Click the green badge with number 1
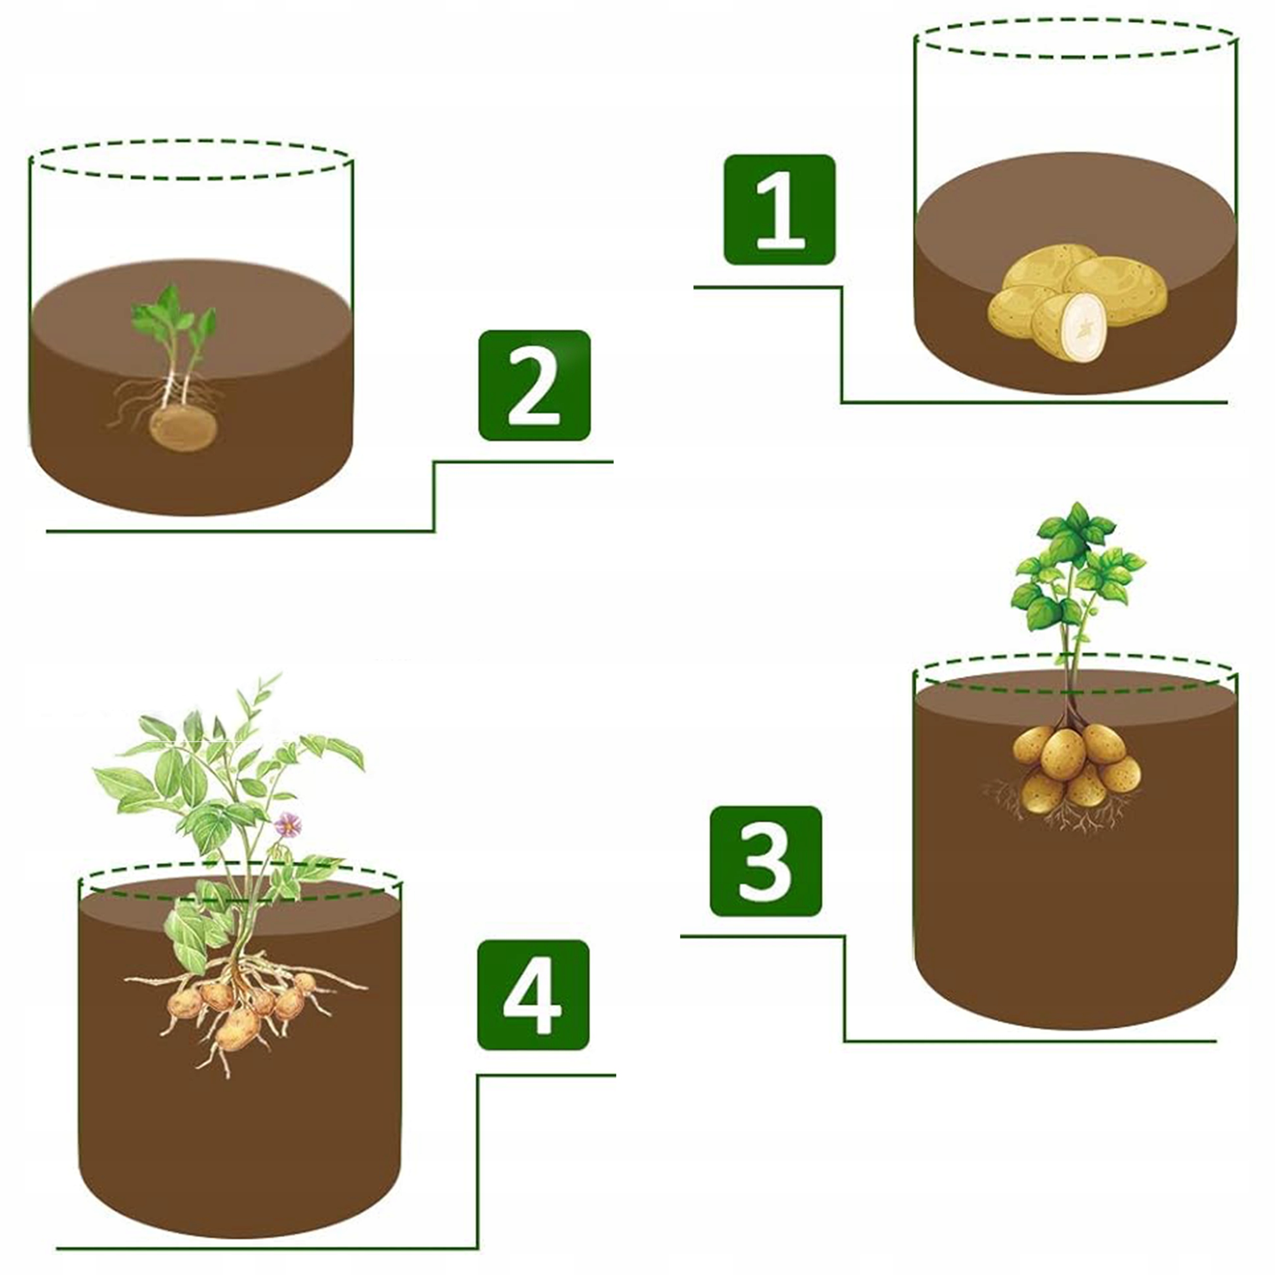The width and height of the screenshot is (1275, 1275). coord(779,210)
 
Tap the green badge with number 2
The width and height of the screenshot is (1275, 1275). coord(534,385)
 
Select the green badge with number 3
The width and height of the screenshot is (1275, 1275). coord(766,861)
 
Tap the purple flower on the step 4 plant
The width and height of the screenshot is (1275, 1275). coord(288,824)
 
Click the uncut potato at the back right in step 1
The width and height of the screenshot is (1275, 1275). coord(1115,289)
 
